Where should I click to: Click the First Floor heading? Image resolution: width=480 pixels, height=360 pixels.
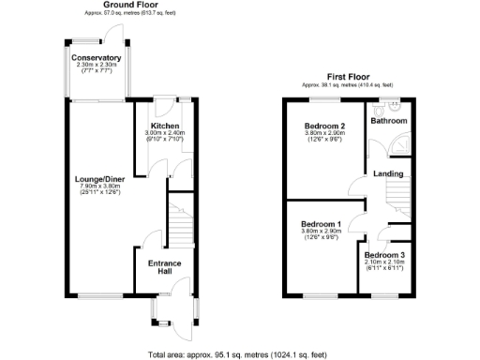click(348, 77)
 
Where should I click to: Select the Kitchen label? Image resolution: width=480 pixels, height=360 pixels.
click(165, 126)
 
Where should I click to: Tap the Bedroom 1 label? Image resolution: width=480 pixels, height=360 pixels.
click(321, 224)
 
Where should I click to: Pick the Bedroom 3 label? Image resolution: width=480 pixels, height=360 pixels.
click(384, 256)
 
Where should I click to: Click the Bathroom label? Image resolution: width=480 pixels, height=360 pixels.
click(389, 121)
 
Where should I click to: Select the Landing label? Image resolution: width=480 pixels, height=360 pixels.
click(388, 173)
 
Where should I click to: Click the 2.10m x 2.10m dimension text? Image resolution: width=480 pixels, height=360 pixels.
click(384, 262)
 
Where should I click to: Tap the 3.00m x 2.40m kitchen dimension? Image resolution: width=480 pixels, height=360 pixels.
click(165, 133)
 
